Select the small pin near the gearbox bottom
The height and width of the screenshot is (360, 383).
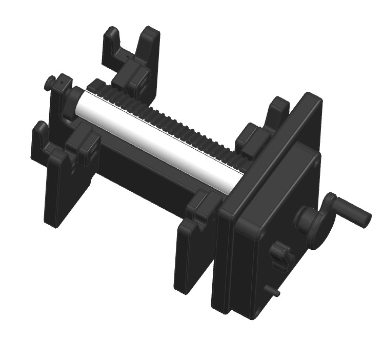274,291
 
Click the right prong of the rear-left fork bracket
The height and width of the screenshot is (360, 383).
149,46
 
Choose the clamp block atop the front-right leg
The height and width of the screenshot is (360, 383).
203,205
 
